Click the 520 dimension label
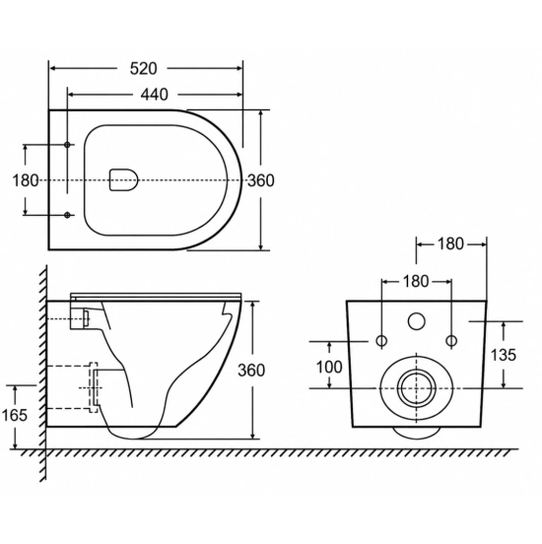point(143,69)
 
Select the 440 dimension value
point(155,95)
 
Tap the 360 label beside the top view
point(260,180)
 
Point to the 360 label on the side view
point(251,371)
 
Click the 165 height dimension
point(15,415)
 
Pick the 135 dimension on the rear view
point(504,355)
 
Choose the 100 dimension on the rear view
point(329,367)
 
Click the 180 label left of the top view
point(26,180)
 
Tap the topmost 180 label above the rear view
point(450,244)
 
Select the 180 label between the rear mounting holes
point(416,282)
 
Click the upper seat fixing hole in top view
point(67,145)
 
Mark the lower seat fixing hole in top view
point(67,216)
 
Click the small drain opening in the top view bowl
point(123,180)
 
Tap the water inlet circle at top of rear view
point(417,321)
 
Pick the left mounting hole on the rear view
point(381,341)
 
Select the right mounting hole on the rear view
point(451,341)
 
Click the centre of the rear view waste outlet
point(417,388)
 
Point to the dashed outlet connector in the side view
point(94,387)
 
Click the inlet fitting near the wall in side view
point(86,318)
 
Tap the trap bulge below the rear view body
point(417,432)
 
